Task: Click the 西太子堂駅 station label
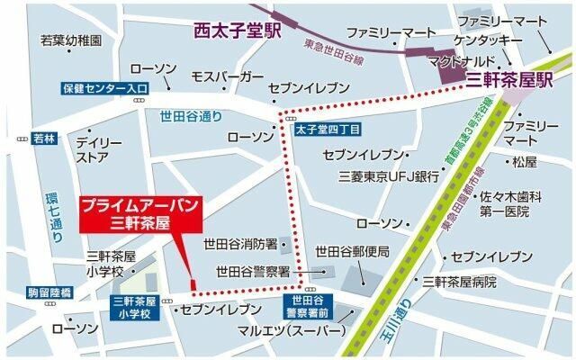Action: click(x=236, y=31)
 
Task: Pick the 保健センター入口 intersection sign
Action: click(x=105, y=88)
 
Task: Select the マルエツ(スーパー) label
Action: click(x=291, y=331)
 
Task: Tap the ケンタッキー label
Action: click(x=489, y=40)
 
